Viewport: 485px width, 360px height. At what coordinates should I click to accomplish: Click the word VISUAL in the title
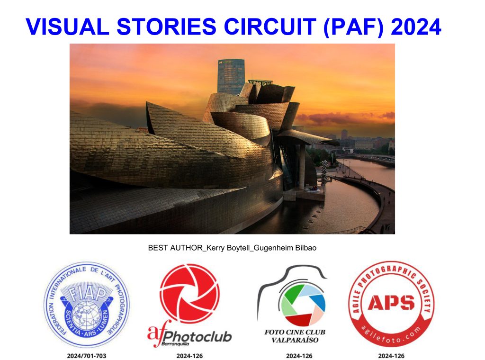tap(67, 27)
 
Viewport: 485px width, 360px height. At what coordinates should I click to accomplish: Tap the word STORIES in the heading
tap(166, 27)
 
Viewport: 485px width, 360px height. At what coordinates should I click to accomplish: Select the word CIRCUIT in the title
tap(269, 27)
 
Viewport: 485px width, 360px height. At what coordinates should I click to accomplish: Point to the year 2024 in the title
tap(416, 27)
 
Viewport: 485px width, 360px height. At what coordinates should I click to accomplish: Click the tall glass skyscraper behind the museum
tap(231, 76)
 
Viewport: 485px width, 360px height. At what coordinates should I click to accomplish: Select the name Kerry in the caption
tap(216, 248)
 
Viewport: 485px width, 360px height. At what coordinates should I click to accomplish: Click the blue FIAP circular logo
tap(87, 305)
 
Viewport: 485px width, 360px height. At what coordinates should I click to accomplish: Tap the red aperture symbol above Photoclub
tap(189, 293)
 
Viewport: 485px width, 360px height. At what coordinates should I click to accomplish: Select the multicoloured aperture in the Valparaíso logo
tap(302, 304)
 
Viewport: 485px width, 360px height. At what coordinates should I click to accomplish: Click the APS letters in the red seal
tap(391, 302)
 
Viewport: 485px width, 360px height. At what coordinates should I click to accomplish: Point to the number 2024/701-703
tap(87, 356)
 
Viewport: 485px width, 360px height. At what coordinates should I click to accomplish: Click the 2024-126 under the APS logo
tap(391, 356)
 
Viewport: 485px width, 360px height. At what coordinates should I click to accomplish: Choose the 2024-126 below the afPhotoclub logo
tap(189, 356)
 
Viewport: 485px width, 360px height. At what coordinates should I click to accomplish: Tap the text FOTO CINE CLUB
tap(295, 332)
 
